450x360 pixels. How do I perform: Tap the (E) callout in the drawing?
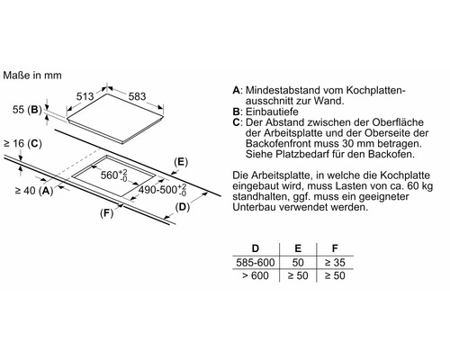pyautogui.click(x=182, y=161)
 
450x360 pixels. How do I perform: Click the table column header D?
pyautogui.click(x=256, y=246)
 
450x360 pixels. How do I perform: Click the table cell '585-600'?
pyautogui.click(x=256, y=260)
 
